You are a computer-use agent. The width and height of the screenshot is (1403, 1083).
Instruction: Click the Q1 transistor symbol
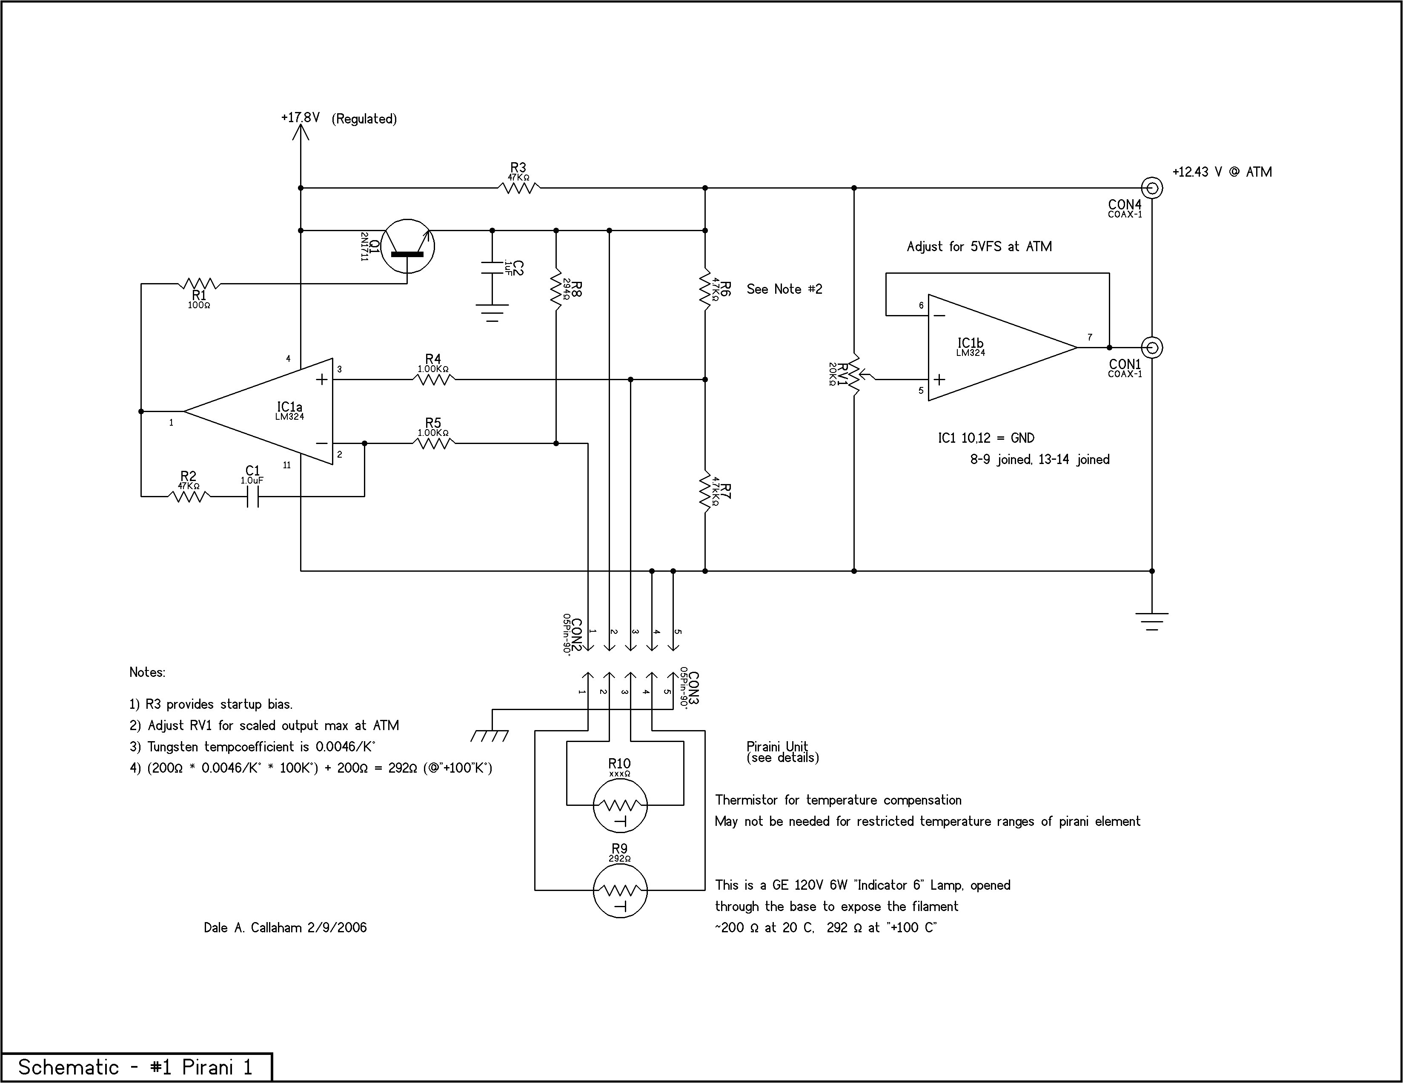[x=407, y=246]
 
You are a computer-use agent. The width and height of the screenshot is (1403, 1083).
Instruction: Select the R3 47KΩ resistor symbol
[x=518, y=188]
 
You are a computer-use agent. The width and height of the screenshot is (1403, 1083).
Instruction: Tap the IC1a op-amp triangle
[x=270, y=411]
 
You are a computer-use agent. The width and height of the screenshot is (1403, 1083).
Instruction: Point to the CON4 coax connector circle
[x=1152, y=188]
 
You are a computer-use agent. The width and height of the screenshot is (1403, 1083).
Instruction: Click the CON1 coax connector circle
[x=1152, y=347]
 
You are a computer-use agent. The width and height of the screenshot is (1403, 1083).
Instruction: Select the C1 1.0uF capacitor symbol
[x=253, y=496]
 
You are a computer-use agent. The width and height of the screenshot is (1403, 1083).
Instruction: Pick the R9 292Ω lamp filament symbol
[x=620, y=890]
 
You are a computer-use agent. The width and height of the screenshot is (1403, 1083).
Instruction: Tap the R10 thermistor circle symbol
[x=620, y=805]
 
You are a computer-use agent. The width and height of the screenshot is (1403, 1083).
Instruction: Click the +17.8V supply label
[x=300, y=117]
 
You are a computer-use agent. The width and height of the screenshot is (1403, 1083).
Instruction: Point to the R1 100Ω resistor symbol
[x=199, y=283]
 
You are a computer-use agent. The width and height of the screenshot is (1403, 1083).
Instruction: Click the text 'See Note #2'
[x=784, y=289]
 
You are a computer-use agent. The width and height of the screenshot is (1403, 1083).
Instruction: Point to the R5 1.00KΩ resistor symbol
[x=434, y=443]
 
